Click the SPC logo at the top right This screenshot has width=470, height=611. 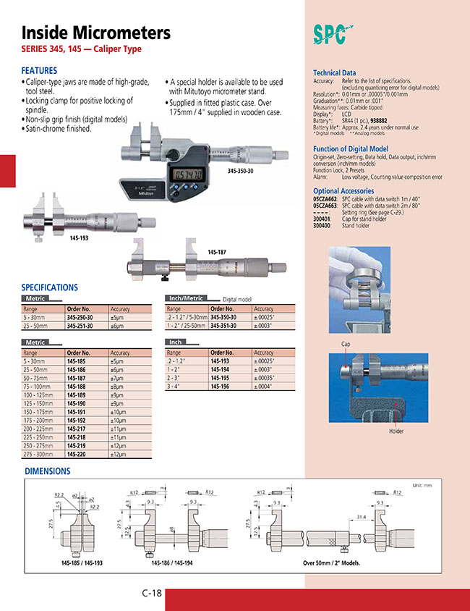(x=333, y=34)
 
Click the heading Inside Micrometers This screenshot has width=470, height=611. (x=96, y=33)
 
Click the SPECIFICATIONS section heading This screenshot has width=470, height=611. (x=49, y=287)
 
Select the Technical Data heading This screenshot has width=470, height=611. (x=334, y=73)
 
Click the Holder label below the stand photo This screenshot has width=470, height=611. (x=396, y=431)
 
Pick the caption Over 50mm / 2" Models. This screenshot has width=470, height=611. (x=331, y=562)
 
